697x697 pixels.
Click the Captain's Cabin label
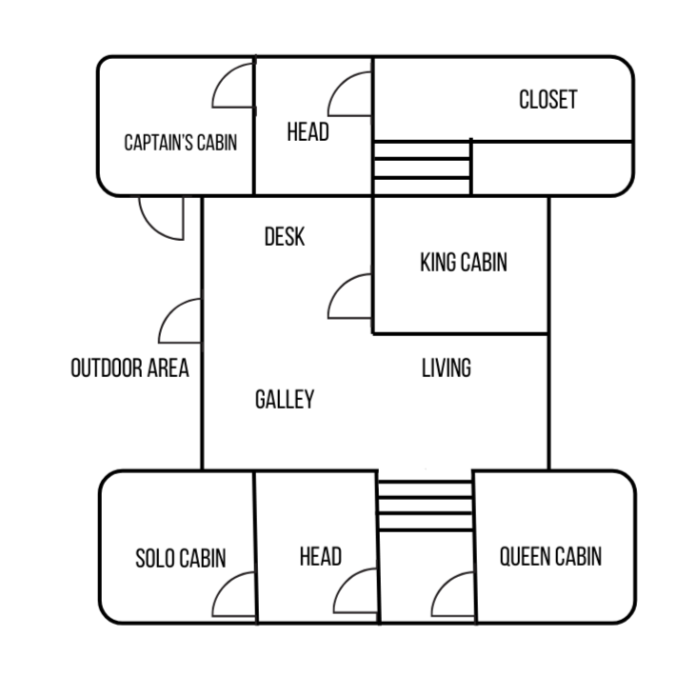180,144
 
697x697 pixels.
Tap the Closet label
548,99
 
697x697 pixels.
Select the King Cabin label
463,262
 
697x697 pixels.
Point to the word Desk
284,236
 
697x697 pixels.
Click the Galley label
284,399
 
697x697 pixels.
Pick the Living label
446,368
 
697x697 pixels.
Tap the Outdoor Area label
129,368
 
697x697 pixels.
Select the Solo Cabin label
181,558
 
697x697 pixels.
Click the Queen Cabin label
550,556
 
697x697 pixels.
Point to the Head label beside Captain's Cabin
308,132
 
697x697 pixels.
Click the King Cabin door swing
352,297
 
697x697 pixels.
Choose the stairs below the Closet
422,168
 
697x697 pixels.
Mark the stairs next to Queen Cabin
425,506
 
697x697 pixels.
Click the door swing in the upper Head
352,95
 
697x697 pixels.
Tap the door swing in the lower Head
357,594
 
